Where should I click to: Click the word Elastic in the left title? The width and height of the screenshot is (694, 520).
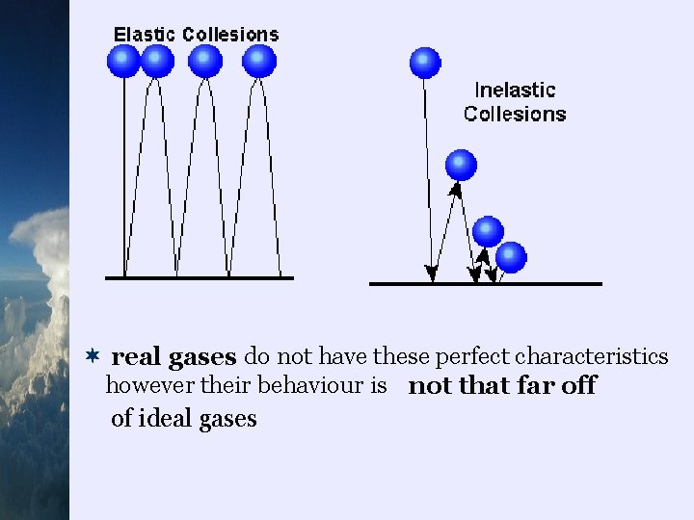(146, 34)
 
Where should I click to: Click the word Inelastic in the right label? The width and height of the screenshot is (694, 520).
(515, 90)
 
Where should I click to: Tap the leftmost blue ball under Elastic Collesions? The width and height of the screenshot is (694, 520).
(123, 61)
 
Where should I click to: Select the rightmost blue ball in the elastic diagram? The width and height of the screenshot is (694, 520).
(259, 61)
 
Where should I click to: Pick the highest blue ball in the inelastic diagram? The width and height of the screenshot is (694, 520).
(425, 63)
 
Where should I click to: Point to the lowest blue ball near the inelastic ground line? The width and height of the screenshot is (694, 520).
(511, 257)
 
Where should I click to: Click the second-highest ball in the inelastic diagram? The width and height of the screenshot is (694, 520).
(462, 165)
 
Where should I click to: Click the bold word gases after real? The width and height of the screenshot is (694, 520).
(202, 358)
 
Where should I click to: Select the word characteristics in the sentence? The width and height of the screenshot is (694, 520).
(591, 357)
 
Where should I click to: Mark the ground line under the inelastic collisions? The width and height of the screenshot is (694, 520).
(485, 284)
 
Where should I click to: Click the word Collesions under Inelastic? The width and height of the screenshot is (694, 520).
(515, 114)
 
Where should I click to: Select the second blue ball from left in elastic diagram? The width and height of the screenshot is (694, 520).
(157, 61)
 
